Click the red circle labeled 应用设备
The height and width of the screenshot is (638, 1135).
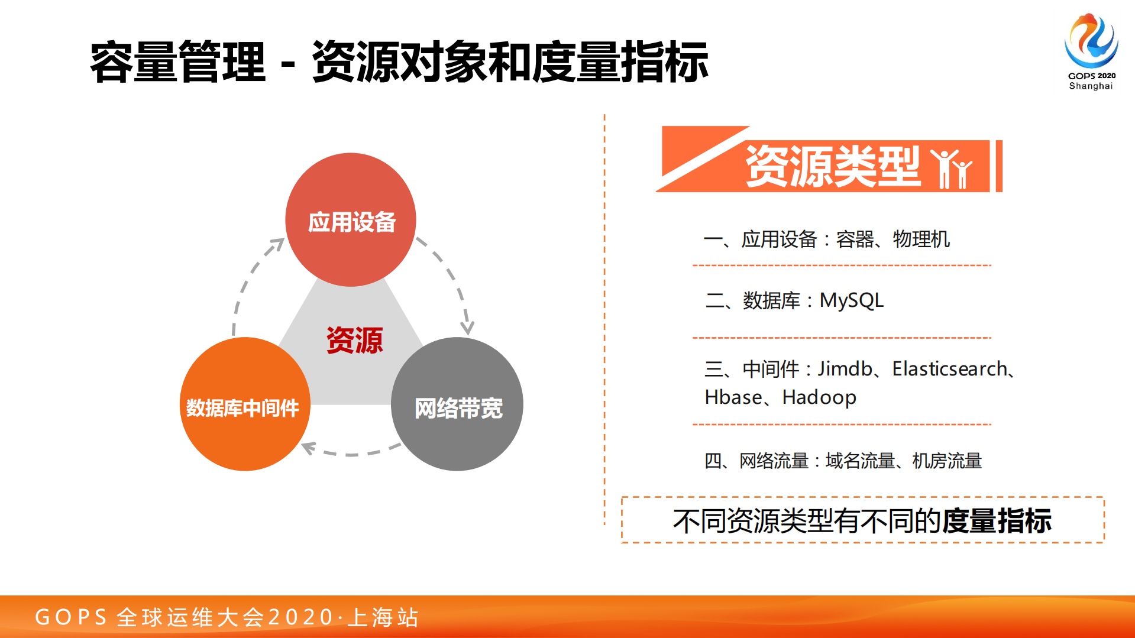[x=351, y=220]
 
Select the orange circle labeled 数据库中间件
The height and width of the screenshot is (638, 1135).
[x=244, y=404]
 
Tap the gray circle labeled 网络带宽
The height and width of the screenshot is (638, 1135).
[x=457, y=404]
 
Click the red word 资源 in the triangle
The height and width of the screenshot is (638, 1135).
[x=354, y=341]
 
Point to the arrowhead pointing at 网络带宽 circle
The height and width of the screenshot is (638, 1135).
[x=467, y=327]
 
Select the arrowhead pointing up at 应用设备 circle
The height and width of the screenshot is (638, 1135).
[x=277, y=244]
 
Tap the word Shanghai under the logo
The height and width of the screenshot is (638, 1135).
[x=1091, y=86]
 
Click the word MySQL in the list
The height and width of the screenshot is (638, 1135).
[x=851, y=300]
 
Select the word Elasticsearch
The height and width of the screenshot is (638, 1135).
[x=949, y=369]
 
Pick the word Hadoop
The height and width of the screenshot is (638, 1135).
[x=819, y=397]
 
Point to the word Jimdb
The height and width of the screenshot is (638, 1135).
[x=845, y=369]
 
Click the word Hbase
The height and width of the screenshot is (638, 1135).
[x=733, y=397]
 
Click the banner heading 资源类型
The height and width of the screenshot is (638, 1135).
[x=833, y=167]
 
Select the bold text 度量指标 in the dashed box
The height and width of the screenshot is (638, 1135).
[x=997, y=521]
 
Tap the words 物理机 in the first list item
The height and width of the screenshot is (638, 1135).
[x=921, y=239]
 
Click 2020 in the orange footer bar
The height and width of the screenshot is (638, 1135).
[x=300, y=617]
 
